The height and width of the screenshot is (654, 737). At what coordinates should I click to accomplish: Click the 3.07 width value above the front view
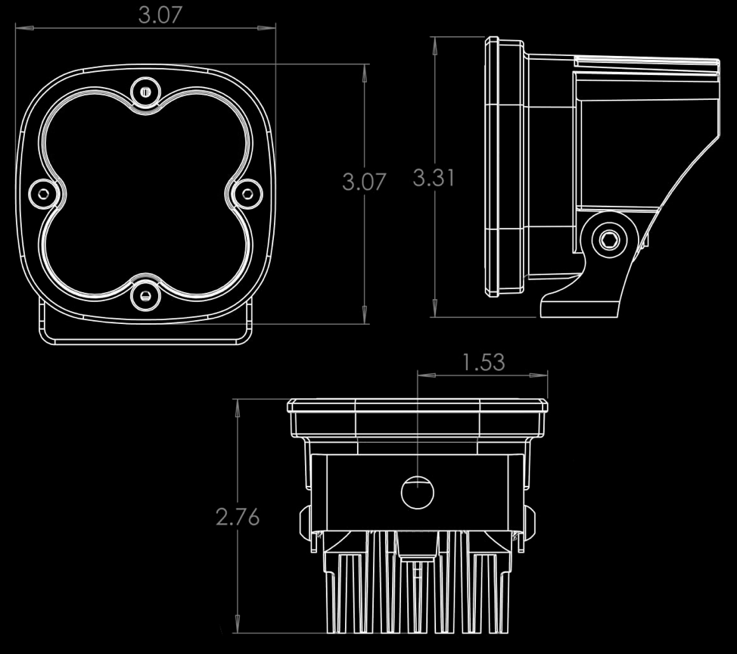pos(160,15)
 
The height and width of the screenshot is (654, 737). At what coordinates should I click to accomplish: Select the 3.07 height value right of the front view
pos(364,182)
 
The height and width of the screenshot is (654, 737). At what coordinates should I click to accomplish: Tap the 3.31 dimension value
pos(434,178)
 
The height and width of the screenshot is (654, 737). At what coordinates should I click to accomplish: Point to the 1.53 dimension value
pos(483,362)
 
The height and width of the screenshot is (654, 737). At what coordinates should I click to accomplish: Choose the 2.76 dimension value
pos(238,517)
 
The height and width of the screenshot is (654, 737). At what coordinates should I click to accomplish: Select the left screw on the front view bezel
pos(43,194)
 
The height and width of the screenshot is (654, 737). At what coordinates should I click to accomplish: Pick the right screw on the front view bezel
pos(246,194)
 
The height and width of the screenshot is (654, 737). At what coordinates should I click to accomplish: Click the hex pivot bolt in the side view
pos(608,240)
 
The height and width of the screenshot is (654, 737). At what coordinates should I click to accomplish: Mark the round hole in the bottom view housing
pos(417,494)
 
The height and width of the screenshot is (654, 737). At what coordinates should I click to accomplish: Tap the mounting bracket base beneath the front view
pos(145,335)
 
